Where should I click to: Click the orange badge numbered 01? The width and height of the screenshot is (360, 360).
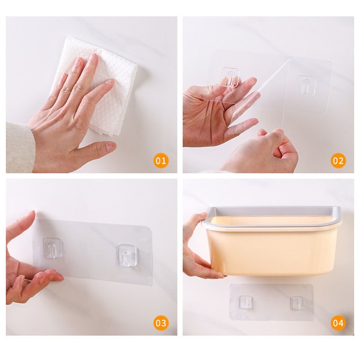[x=161, y=161]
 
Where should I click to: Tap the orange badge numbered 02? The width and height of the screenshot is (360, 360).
[x=338, y=161]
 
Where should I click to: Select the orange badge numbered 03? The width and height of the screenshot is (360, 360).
[x=161, y=323]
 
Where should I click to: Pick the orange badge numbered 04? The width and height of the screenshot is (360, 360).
[x=338, y=323]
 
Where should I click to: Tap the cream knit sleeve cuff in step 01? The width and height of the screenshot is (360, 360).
[x=19, y=147]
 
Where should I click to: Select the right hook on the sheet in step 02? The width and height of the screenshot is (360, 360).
[x=306, y=85]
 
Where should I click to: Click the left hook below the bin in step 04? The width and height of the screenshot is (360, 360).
[x=246, y=302]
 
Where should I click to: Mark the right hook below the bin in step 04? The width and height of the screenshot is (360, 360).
[x=297, y=303]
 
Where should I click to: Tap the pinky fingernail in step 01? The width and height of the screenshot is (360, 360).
[x=62, y=76]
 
